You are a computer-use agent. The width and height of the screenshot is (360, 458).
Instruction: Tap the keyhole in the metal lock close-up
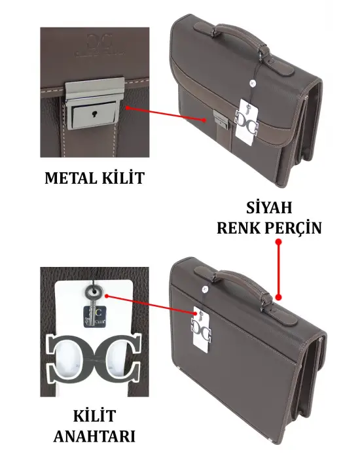click(x=96, y=115)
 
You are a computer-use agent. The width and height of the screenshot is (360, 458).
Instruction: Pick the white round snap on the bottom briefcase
click(x=206, y=287)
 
